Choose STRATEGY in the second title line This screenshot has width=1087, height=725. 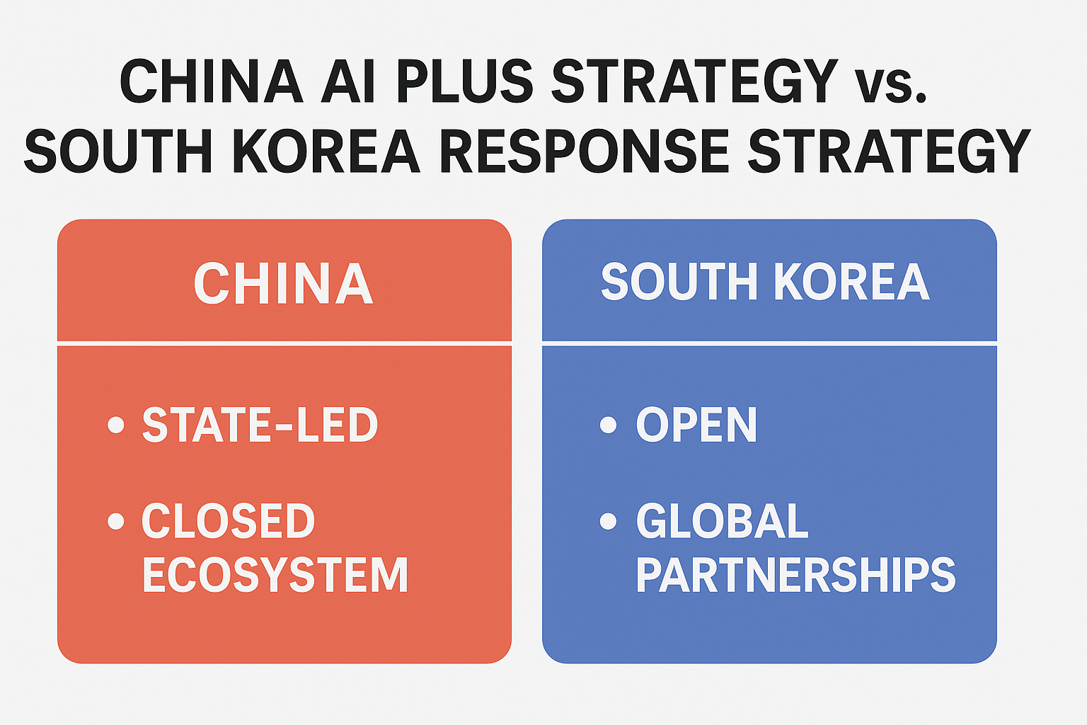889,152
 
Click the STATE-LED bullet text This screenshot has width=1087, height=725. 260,425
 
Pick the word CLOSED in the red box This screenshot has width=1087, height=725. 228,522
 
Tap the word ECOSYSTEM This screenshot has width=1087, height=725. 275,574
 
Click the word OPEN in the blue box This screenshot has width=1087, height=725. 696,425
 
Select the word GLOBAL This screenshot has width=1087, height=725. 722,522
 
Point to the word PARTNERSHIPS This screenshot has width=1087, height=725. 795,574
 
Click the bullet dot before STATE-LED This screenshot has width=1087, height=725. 116,425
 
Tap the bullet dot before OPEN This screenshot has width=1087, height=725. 608,425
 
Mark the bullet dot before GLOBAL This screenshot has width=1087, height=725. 608,522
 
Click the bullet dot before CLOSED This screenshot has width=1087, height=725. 116,522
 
